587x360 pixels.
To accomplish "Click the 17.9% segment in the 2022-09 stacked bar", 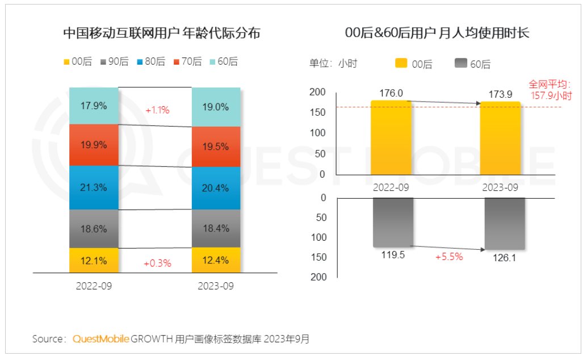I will tap(94, 106).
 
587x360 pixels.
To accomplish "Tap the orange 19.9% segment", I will tap(94, 145).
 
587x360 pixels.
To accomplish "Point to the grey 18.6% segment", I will tap(94, 229).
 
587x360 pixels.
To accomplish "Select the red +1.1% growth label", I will tap(157, 110).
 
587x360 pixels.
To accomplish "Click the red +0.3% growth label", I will tap(157, 263).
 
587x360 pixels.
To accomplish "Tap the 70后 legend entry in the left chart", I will tap(184, 62).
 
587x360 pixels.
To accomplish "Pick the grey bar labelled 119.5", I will tap(392, 222).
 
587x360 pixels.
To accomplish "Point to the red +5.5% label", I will tap(449, 257).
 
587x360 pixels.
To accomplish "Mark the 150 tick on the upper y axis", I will tap(318, 112).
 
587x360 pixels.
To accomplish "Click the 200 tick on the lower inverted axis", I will tap(318, 277).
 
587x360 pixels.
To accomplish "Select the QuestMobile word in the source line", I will tap(100, 339).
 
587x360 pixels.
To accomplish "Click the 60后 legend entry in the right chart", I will tap(473, 64).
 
